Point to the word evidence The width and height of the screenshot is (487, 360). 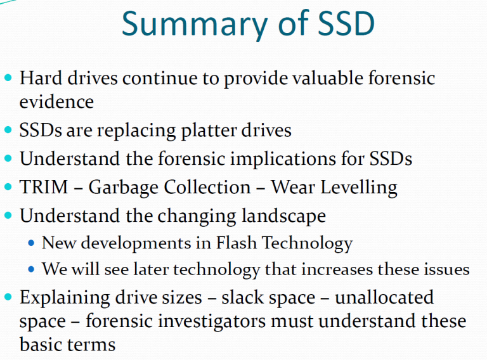pyautogui.click(x=56, y=102)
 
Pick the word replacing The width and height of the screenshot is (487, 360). pyautogui.click(x=136, y=131)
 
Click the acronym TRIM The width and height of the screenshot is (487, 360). pyautogui.click(x=44, y=187)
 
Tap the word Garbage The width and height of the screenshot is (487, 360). pyautogui.click(x=123, y=188)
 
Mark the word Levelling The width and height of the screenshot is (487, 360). pyautogui.click(x=359, y=188)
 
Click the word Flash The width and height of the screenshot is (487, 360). pyautogui.click(x=236, y=242)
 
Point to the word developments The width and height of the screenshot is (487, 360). pyautogui.click(x=136, y=243)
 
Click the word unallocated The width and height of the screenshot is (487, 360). pyautogui.click(x=384, y=297)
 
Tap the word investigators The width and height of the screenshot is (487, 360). pyautogui.click(x=212, y=321)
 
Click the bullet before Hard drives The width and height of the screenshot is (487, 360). pyautogui.click(x=8, y=77)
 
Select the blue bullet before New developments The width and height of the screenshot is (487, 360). pyautogui.click(x=31, y=243)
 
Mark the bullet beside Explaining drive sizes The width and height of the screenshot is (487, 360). pyautogui.click(x=8, y=297)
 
